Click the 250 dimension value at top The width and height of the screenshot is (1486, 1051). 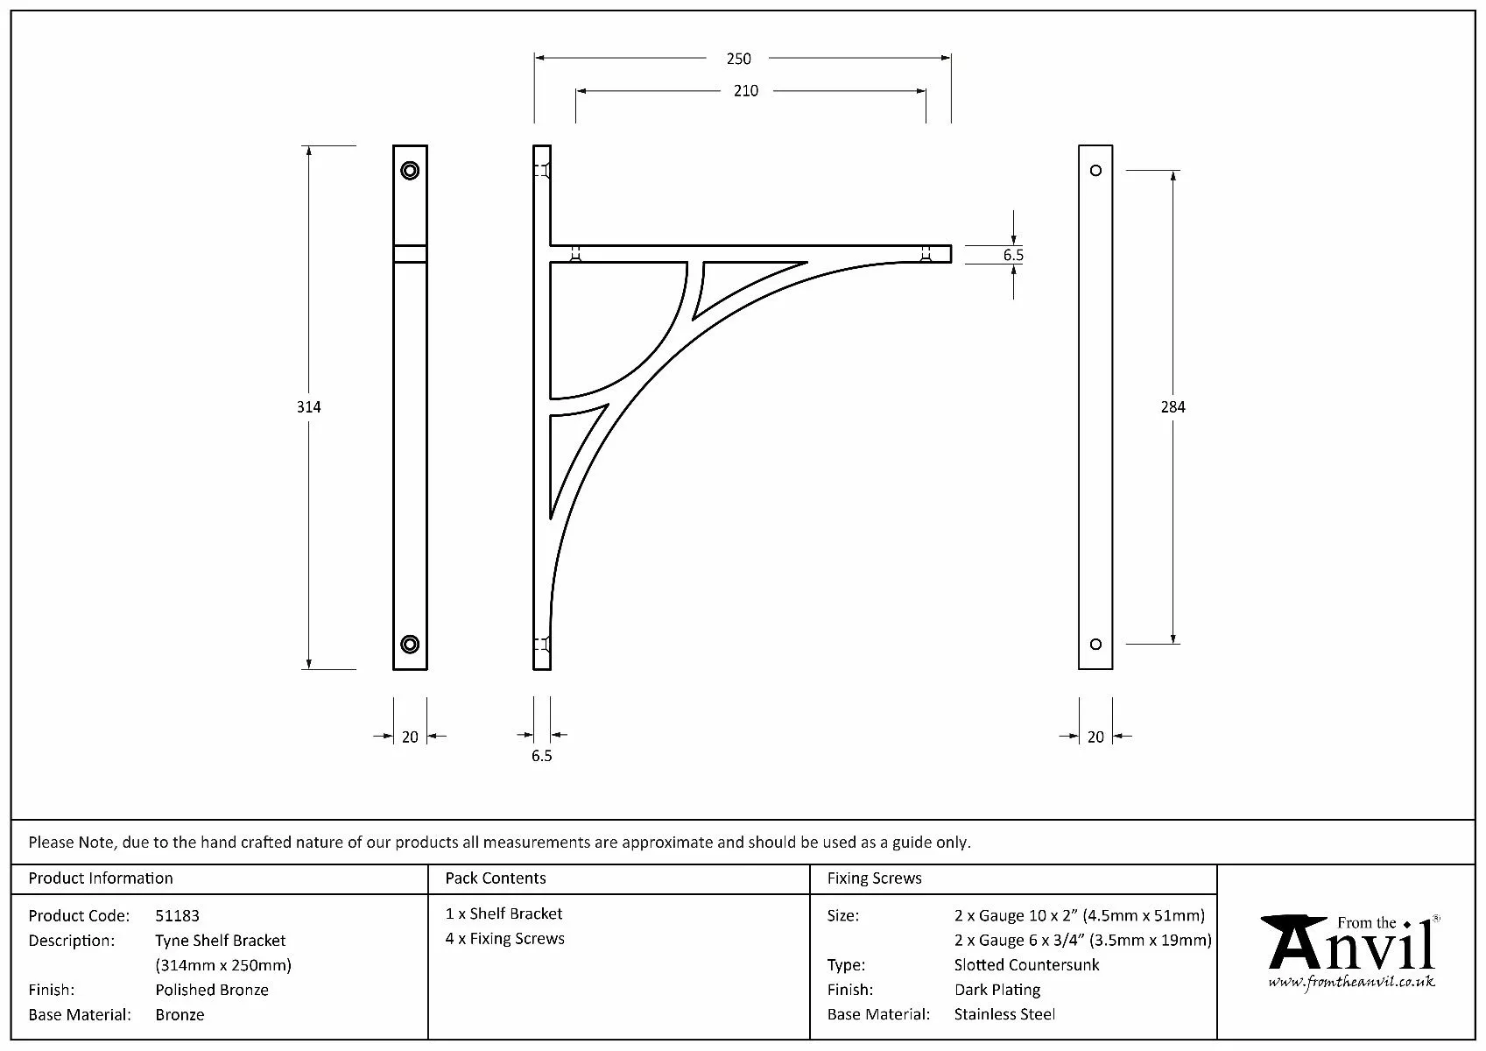738,59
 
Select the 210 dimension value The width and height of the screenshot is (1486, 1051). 745,91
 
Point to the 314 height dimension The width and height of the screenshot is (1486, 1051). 308,407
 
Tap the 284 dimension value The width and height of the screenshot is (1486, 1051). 1173,407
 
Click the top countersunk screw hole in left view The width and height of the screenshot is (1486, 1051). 410,170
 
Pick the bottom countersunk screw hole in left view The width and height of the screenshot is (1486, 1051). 410,645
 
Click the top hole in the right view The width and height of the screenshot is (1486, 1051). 1095,170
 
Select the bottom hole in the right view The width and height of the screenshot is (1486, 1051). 1095,645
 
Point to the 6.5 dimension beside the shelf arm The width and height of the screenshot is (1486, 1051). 1013,255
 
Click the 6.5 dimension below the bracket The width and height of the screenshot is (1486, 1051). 541,756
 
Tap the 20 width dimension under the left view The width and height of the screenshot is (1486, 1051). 410,737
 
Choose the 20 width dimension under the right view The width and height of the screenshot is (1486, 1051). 1095,737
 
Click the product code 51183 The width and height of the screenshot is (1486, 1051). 177,916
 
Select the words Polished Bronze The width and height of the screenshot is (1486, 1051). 212,991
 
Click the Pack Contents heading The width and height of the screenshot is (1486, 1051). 495,878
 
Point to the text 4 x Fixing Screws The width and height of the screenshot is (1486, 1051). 504,939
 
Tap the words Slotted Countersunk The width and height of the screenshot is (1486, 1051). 1026,965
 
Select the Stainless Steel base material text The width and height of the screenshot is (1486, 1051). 1004,1015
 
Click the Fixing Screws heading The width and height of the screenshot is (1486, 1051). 874,878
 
